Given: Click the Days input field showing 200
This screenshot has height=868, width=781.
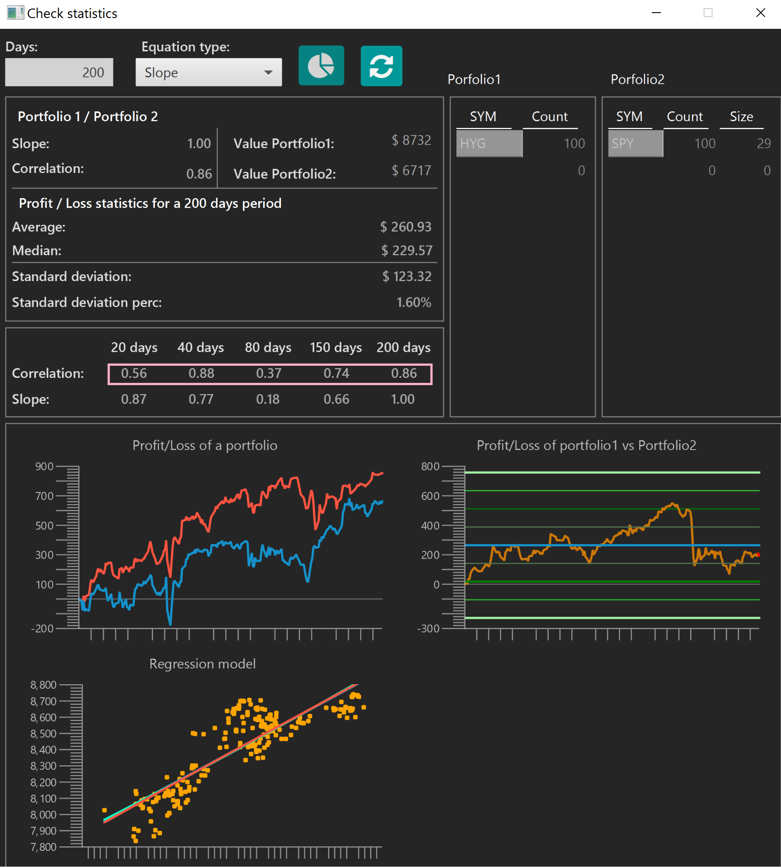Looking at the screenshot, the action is pyautogui.click(x=59, y=72).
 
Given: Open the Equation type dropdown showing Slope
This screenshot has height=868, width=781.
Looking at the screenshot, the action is pyautogui.click(x=208, y=72).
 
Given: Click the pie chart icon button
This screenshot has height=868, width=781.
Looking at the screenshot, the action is pyautogui.click(x=321, y=66).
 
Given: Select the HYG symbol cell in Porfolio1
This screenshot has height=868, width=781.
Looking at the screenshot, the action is pyautogui.click(x=489, y=143).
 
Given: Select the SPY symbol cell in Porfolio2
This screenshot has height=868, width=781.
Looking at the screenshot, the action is pyautogui.click(x=636, y=143).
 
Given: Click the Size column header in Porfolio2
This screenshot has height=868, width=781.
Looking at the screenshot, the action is pyautogui.click(x=741, y=117).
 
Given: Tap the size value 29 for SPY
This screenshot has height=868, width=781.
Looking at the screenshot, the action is pyautogui.click(x=764, y=143).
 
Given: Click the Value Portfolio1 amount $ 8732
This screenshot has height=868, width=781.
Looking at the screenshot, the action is pyautogui.click(x=411, y=140).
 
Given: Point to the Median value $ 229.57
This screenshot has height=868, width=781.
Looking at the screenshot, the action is pyautogui.click(x=407, y=250).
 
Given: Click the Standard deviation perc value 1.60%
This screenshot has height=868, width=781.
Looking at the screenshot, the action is pyautogui.click(x=414, y=302).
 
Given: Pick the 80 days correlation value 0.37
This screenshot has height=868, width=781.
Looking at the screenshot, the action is pyautogui.click(x=269, y=373).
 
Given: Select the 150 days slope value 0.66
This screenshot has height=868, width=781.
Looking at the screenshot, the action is pyautogui.click(x=336, y=399).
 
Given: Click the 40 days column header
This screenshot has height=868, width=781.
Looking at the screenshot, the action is pyautogui.click(x=201, y=347).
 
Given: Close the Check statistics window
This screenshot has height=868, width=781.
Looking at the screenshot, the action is pyautogui.click(x=761, y=13).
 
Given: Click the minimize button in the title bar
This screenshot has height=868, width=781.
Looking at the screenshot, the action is pyautogui.click(x=656, y=13).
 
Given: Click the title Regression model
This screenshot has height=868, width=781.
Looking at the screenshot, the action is pyautogui.click(x=203, y=664).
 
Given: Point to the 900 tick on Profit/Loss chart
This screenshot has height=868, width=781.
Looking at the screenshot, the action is pyautogui.click(x=45, y=466).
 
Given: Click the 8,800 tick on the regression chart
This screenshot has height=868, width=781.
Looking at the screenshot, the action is pyautogui.click(x=44, y=685).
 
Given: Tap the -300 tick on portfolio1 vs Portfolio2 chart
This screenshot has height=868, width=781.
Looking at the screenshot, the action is pyautogui.click(x=429, y=628).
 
